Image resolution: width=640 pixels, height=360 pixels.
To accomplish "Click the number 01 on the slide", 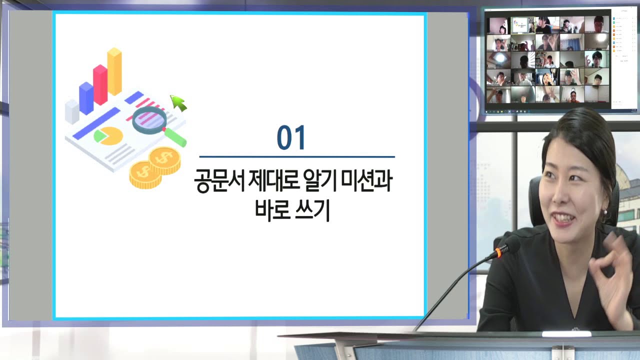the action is pyautogui.click(x=291, y=137).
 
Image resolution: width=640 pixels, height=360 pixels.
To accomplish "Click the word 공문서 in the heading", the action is pyautogui.click(x=219, y=180).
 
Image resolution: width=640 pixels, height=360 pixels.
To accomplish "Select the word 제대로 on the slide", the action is pyautogui.click(x=273, y=180).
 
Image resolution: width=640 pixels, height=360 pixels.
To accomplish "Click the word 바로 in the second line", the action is pyautogui.click(x=272, y=210).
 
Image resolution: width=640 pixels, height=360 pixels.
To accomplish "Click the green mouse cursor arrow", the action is pyautogui.click(x=178, y=103).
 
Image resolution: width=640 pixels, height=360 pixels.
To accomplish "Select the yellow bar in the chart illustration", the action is pyautogui.click(x=114, y=71).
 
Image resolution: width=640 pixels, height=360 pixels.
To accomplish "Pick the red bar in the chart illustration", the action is pyautogui.click(x=100, y=85).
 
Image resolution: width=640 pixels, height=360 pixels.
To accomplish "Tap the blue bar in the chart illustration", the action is pyautogui.click(x=86, y=98).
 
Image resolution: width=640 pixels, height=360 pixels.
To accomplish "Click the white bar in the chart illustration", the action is pyautogui.click(x=72, y=111).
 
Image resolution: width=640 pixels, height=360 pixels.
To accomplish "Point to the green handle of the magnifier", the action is pyautogui.click(x=175, y=137).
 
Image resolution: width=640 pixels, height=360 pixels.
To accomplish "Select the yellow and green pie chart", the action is pyautogui.click(x=108, y=136).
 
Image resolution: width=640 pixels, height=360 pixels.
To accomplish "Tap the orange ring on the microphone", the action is pyautogui.click(x=498, y=253).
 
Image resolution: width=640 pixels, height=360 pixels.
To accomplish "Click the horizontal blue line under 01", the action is pyautogui.click(x=297, y=157).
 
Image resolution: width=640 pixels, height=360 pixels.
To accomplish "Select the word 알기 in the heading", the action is pyautogui.click(x=320, y=180).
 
